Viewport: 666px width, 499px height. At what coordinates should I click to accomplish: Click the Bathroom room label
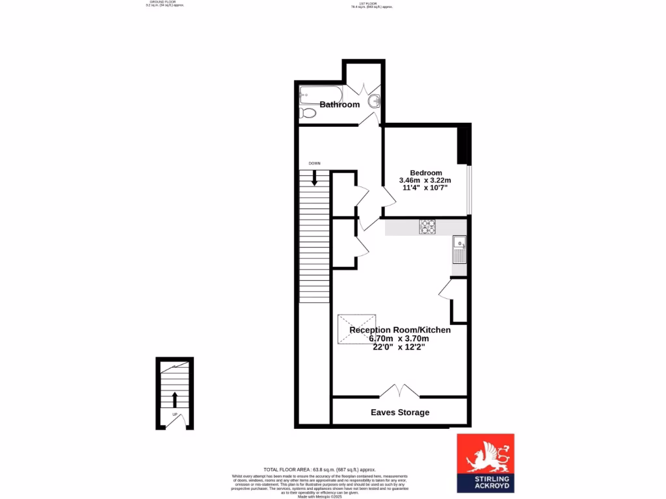pos(340,105)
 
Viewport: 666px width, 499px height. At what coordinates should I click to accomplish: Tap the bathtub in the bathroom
pos(316,96)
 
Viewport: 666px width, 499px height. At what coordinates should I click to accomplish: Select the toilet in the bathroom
pos(308,113)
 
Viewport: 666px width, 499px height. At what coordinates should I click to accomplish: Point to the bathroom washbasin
pos(375,101)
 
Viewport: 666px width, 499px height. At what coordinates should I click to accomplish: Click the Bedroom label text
pos(426,172)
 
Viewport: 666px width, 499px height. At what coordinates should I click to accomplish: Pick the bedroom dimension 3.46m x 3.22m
pos(425,180)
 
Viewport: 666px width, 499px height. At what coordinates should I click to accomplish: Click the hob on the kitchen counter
pos(427,226)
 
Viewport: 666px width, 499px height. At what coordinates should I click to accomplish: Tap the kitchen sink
pos(459,248)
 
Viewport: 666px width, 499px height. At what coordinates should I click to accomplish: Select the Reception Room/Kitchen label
pos(400,330)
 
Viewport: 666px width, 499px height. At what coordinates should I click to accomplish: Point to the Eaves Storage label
pos(400,412)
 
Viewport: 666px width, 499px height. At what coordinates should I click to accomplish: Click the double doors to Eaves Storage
pos(399,390)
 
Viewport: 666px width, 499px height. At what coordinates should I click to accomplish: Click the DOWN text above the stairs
pos(314,164)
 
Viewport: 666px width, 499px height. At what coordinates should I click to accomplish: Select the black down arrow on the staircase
pos(315,177)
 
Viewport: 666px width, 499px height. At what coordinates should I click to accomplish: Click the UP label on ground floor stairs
pos(174,414)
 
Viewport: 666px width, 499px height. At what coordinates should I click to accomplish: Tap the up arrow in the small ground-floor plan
pos(174,400)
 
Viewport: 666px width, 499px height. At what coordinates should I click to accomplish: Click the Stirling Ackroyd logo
pos(485,463)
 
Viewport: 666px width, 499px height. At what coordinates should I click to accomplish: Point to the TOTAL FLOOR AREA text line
pos(319,469)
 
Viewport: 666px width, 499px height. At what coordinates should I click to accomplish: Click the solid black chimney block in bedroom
pos(464,144)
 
